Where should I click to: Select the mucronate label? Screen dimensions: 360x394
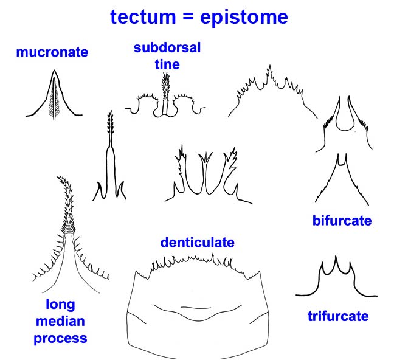click(52, 52)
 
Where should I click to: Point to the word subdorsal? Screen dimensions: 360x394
click(167, 48)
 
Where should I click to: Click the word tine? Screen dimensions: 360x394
click(167, 63)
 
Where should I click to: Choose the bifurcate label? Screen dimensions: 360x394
click(341, 221)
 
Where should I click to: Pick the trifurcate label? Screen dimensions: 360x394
click(338, 316)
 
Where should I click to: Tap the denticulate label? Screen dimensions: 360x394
click(198, 243)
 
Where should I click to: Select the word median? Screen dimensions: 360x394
click(60, 320)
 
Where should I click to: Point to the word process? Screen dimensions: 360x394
click(60, 337)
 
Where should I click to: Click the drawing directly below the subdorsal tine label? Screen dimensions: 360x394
click(165, 97)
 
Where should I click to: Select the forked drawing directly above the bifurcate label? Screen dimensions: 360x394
click(341, 179)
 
